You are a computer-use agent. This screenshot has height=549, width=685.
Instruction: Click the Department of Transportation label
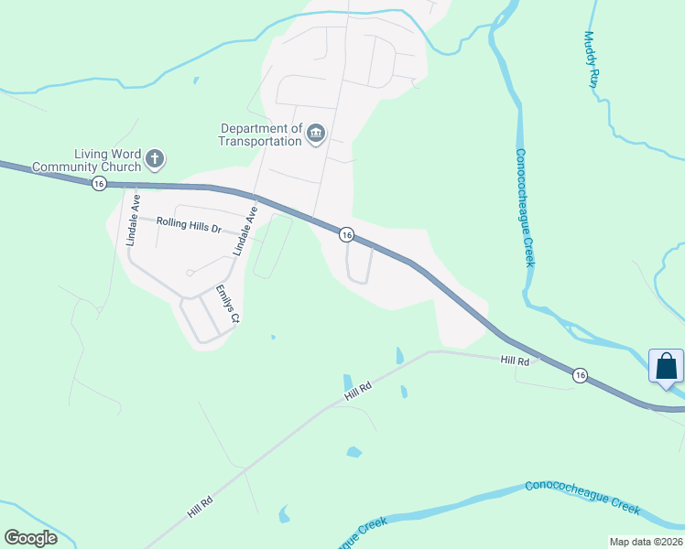tap(260, 135)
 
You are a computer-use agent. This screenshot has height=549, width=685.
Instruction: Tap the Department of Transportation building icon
tap(315, 135)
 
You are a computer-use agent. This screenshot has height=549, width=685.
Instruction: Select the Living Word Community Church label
tap(87, 160)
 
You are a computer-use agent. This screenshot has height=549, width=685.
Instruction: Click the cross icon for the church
tap(155, 160)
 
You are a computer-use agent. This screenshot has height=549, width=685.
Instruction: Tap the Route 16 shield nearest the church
tap(99, 184)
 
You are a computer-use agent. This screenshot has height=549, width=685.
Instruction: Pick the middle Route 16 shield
tap(345, 235)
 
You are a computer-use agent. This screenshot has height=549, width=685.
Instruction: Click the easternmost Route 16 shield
tap(580, 375)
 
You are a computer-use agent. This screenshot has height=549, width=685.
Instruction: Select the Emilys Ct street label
tap(227, 305)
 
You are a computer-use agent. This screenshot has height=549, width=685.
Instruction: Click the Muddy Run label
tap(592, 59)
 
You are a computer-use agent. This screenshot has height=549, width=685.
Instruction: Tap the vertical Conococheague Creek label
tap(524, 208)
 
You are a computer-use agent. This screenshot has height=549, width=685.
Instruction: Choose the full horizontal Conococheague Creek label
tap(582, 494)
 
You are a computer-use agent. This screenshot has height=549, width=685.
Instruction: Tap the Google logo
tap(30, 538)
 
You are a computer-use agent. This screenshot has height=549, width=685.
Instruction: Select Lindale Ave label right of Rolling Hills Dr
tap(245, 231)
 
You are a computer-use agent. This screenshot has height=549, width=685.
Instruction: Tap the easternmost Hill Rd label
tap(516, 362)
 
